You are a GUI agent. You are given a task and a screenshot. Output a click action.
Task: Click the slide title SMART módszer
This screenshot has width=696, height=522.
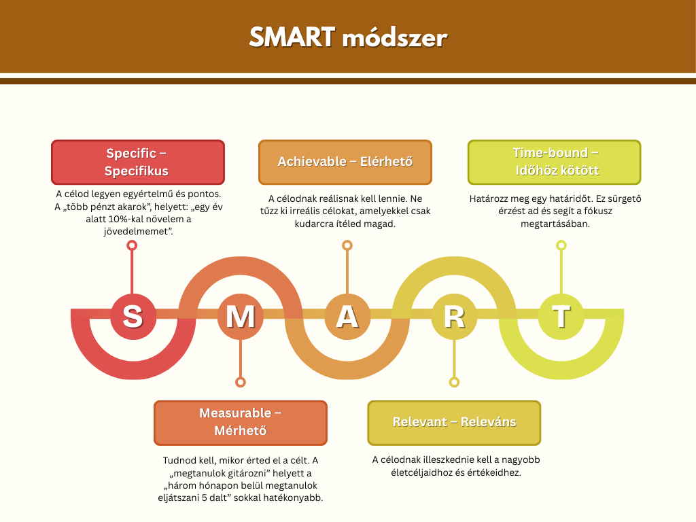click(347, 37)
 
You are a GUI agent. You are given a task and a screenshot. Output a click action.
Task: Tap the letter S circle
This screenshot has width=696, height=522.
click(133, 316)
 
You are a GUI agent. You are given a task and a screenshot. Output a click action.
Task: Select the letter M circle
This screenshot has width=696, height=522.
click(240, 316)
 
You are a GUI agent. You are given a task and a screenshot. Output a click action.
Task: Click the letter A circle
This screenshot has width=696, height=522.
click(347, 316)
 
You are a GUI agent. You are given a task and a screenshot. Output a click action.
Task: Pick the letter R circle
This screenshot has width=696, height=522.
click(454, 316)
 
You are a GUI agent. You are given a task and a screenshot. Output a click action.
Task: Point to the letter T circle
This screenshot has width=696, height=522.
click(561, 316)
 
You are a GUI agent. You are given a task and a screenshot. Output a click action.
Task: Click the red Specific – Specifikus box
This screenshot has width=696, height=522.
click(137, 162)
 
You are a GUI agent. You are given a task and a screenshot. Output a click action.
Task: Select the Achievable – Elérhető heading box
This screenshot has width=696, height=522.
click(345, 162)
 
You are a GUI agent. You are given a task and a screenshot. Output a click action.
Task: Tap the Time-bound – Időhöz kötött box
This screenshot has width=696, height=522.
click(554, 162)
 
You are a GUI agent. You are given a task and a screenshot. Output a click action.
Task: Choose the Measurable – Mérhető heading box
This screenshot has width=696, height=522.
click(240, 422)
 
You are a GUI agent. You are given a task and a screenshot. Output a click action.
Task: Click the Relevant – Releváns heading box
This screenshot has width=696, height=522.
click(454, 422)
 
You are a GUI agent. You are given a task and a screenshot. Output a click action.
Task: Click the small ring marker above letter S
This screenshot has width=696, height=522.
click(133, 245)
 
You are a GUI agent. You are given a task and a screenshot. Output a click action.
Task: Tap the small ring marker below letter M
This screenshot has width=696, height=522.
click(240, 382)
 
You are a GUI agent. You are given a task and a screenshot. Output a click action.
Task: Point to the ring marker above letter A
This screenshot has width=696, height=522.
click(347, 245)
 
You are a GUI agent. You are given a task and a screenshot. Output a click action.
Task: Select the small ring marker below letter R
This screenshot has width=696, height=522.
click(454, 382)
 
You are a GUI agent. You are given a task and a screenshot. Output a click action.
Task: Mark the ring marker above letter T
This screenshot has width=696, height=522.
click(561, 245)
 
